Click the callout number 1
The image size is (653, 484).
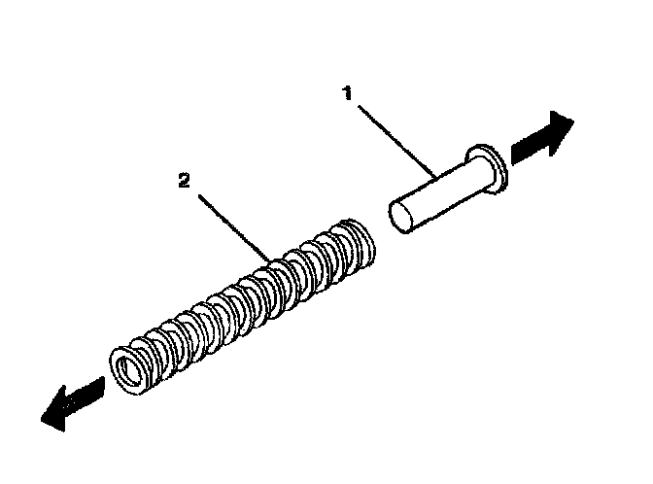348,93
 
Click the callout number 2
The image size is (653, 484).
182,181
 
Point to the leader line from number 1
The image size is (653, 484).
394,138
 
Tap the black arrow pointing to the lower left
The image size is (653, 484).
72,400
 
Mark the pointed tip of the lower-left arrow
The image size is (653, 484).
42,418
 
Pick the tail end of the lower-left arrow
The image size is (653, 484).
102,386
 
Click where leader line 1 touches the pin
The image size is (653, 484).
434,178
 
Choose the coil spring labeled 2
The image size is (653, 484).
243,301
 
